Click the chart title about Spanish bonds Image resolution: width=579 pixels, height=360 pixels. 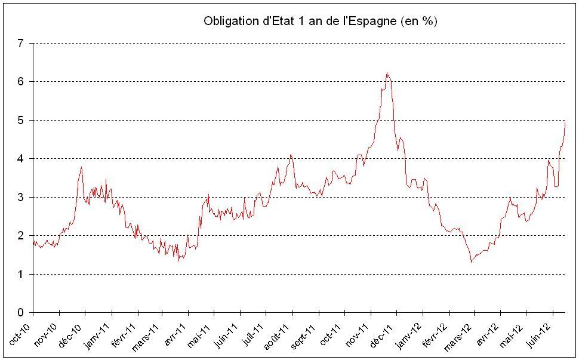(321, 21)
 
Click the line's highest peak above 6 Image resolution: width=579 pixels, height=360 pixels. (387, 73)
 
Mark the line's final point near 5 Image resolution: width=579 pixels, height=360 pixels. (565, 122)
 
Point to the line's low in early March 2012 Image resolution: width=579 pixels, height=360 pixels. (472, 261)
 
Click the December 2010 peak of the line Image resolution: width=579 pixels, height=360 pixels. (81, 167)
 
